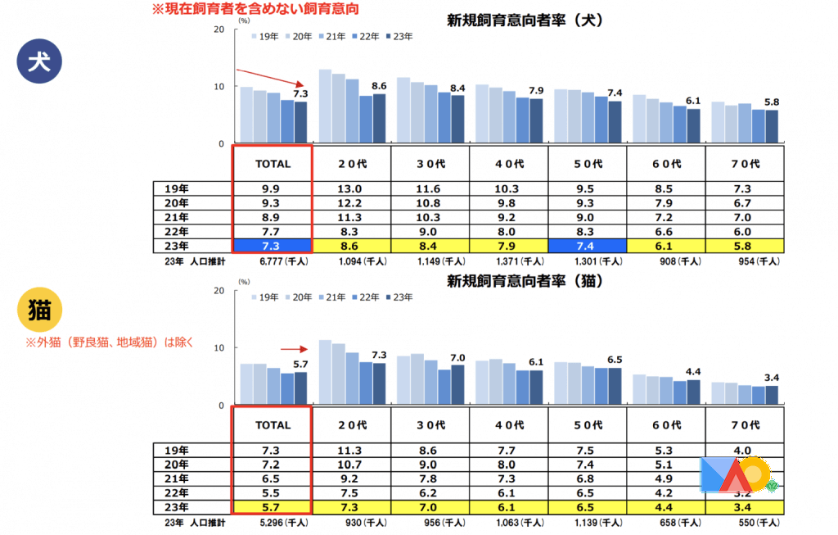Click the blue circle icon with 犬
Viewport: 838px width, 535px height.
(38, 63)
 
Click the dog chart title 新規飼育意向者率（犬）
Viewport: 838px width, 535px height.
(525, 20)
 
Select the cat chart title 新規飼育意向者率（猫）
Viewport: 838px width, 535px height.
(525, 282)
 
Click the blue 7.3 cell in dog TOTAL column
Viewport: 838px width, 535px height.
(273, 245)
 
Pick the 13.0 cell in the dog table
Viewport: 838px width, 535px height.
(351, 188)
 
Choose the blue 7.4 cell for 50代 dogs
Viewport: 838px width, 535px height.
(587, 245)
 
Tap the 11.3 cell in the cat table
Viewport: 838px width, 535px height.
(351, 450)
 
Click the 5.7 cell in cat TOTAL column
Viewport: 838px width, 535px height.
(273, 506)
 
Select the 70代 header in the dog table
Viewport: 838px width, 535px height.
(744, 164)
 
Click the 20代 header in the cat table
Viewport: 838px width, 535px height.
(351, 425)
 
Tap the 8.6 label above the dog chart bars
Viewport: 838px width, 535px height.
(379, 86)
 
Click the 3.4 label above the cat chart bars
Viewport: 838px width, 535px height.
(772, 378)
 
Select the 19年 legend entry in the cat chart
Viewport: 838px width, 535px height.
(265, 297)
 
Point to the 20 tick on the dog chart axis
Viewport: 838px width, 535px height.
(218, 29)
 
